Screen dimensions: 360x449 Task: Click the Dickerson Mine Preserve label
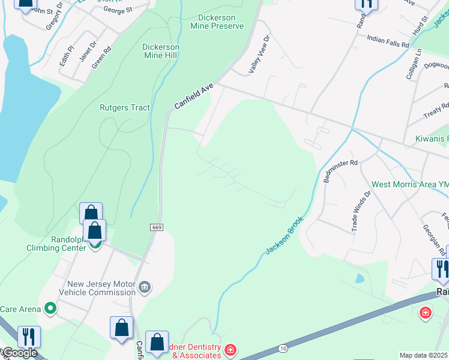(217, 22)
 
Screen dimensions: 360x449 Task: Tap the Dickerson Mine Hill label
(161, 51)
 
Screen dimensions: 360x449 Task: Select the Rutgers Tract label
(124, 108)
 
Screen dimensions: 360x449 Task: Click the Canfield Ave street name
(194, 96)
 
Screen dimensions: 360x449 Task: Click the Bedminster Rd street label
(340, 171)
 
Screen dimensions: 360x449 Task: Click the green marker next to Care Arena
(50, 309)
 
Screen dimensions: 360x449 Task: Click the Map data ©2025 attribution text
(423, 355)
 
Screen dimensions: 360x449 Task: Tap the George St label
(118, 10)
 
